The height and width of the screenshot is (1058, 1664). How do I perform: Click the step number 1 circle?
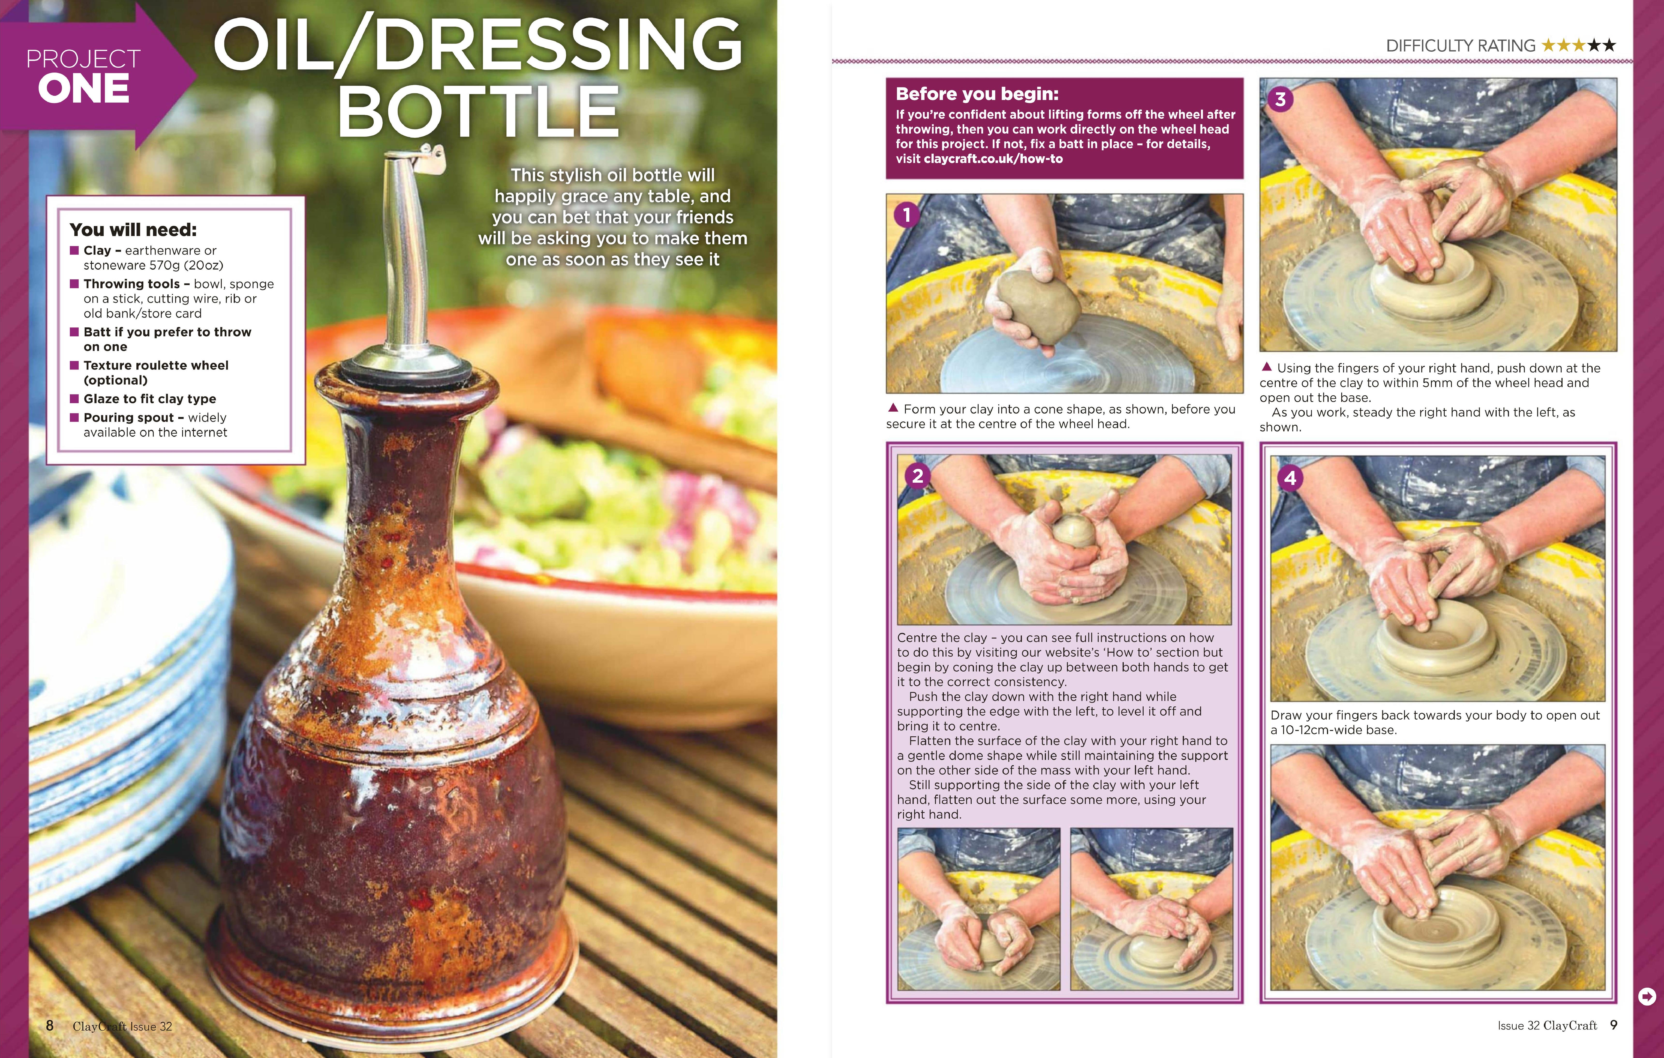point(907,215)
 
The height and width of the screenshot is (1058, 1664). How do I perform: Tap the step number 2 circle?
point(918,475)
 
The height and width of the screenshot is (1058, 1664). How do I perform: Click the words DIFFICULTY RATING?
point(1460,46)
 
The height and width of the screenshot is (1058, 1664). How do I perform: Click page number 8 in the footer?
point(50,1026)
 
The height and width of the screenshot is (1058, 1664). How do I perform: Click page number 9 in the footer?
point(1613,1025)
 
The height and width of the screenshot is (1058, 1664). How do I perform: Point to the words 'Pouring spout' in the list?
point(129,417)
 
